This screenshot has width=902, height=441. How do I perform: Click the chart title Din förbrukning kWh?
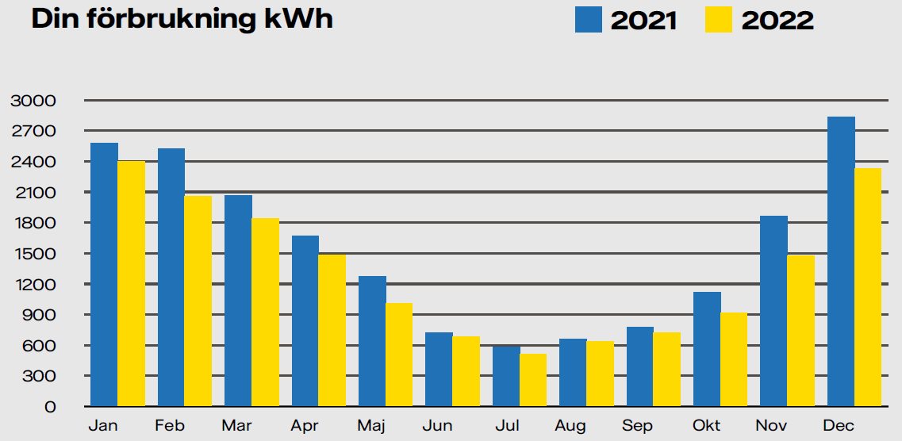tap(182, 19)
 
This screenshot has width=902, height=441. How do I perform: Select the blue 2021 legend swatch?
tap(588, 19)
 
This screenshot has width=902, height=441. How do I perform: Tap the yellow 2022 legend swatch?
tap(718, 19)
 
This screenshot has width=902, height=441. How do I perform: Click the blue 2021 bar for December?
tap(841, 262)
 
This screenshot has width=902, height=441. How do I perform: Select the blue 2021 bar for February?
tap(171, 277)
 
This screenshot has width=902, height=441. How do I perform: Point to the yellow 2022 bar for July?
tap(533, 380)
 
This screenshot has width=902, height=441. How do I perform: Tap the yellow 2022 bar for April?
tap(332, 330)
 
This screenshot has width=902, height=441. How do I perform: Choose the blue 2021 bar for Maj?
tap(372, 341)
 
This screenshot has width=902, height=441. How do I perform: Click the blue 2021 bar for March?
tap(238, 301)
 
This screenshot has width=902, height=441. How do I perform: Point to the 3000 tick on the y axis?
tap(33, 101)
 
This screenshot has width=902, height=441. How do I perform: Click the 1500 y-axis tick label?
tap(33, 254)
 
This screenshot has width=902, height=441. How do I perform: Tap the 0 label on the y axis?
tap(49, 407)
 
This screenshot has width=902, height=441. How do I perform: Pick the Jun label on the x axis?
tap(437, 427)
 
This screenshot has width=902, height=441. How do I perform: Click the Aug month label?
tap(570, 427)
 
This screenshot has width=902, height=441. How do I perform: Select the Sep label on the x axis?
tap(638, 427)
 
